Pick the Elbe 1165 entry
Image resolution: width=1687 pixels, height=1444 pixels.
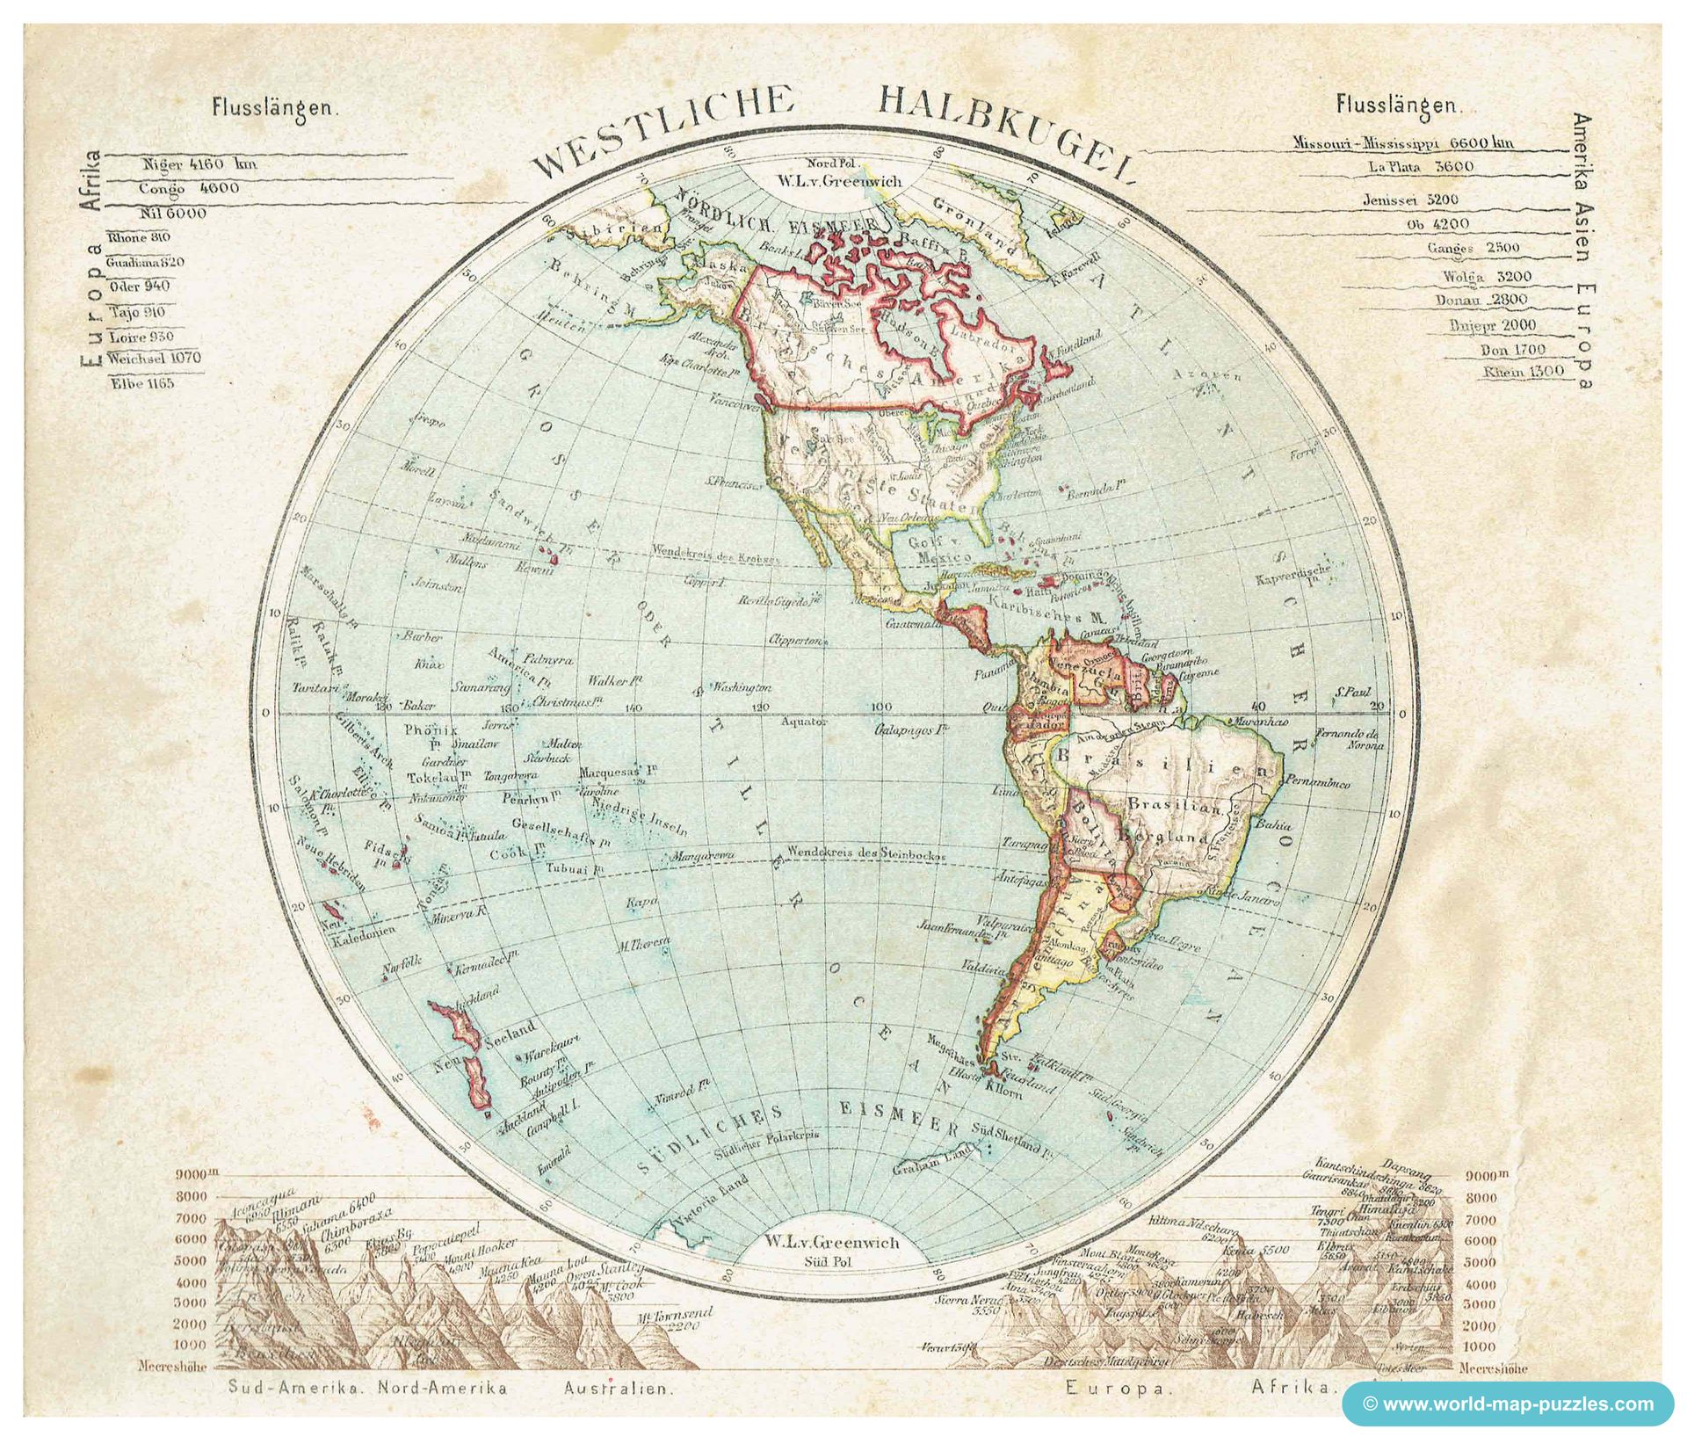(x=142, y=383)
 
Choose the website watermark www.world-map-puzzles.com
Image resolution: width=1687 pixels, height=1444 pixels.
(x=1507, y=1404)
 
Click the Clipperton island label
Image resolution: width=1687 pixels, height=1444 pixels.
(x=798, y=641)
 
